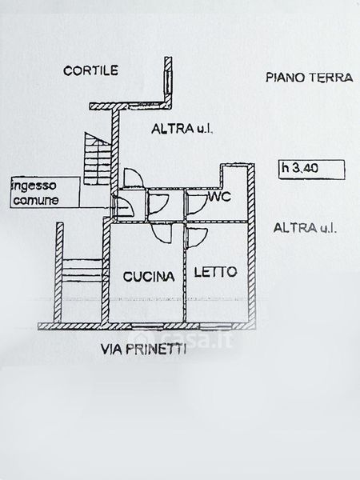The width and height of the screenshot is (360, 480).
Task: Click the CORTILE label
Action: tap(90, 70)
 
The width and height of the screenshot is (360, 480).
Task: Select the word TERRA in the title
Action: tap(330, 78)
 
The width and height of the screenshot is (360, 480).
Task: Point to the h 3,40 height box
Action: tap(312, 170)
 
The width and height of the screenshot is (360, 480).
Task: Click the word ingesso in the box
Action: tap(34, 186)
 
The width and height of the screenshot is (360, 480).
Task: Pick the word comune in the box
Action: tap(36, 201)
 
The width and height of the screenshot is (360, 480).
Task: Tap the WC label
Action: tap(219, 197)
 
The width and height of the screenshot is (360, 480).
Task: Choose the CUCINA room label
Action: tap(149, 277)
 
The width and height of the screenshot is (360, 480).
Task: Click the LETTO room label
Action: tap(216, 272)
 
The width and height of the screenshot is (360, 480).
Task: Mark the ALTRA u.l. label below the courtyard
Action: tap(182, 129)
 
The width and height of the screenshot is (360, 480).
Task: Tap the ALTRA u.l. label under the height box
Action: tap(305, 228)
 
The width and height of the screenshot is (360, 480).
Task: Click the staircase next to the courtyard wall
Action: tap(97, 159)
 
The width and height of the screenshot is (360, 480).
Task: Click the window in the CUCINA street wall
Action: tap(148, 326)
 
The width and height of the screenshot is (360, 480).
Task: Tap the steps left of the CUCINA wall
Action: tap(82, 270)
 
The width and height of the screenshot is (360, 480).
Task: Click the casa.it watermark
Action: tap(184, 339)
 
